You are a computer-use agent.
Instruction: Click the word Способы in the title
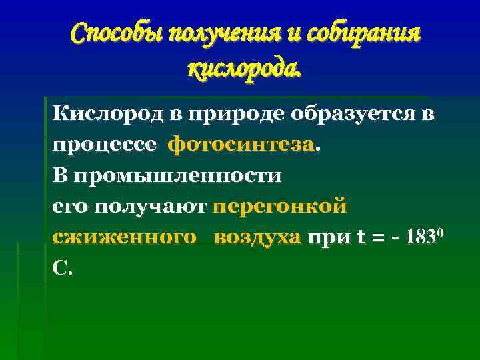coord(117,33)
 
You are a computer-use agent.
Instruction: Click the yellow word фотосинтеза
coord(241,145)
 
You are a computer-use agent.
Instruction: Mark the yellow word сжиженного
coord(125,238)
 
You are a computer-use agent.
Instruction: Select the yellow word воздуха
coord(258,238)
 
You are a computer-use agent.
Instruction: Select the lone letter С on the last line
coord(59,269)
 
